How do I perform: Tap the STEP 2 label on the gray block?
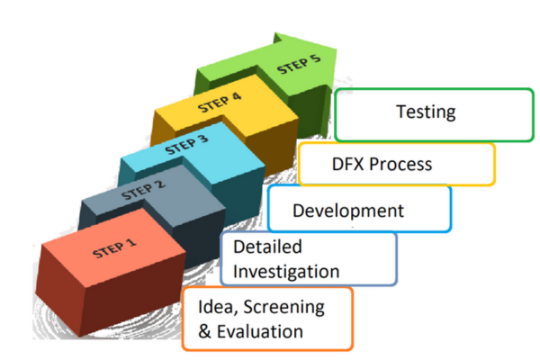(x=145, y=188)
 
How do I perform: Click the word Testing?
(x=426, y=112)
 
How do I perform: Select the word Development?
(x=348, y=211)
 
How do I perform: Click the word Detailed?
(x=267, y=247)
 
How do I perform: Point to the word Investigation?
(x=286, y=271)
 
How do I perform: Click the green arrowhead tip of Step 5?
(x=339, y=56)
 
